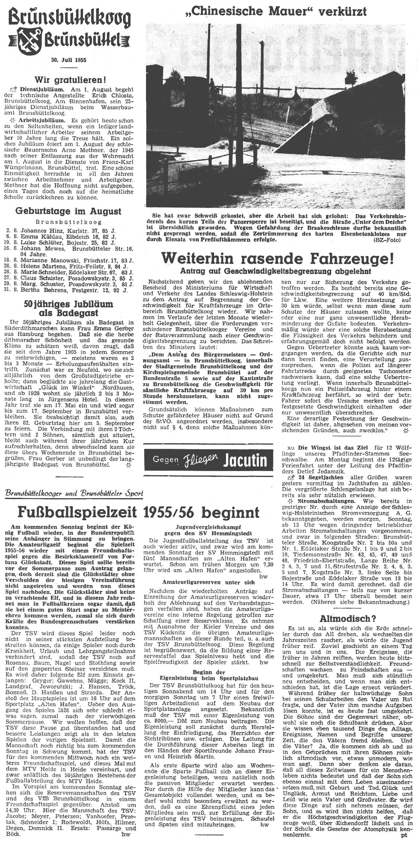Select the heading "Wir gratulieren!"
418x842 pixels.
pos(68,79)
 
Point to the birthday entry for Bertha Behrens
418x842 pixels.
pos(68,290)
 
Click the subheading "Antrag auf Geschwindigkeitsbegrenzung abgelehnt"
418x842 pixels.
pos(275,271)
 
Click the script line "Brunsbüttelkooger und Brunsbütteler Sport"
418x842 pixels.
pos(75,493)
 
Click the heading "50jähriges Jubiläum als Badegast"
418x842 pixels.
pos(68,309)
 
